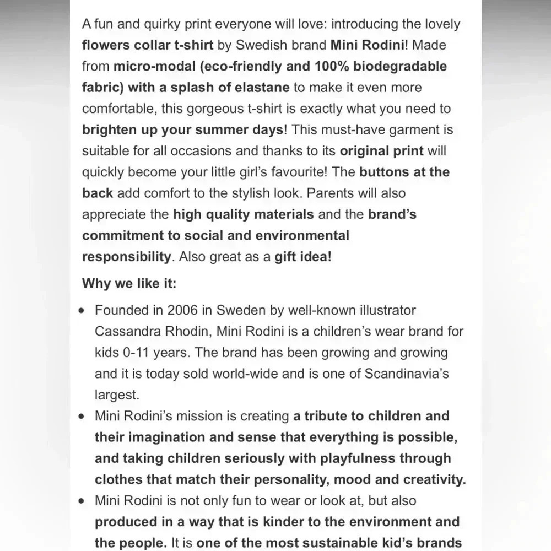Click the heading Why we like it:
coord(129,283)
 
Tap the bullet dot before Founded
coord(82,310)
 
